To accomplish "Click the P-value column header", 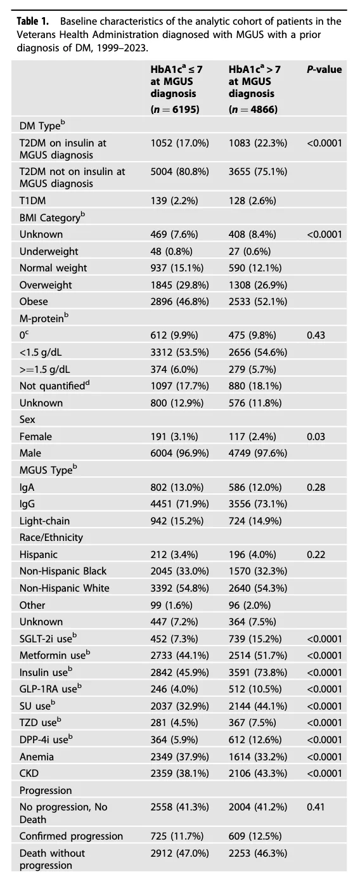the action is pos(324,70).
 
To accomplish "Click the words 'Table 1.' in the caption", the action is pos(33,22).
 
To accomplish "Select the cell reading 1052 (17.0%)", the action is pos(180,143).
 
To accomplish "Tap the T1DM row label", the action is pos(33,200).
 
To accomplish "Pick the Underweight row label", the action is pos(49,251).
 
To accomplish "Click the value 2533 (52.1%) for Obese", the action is pos(258,301).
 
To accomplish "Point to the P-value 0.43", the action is pos(316,335).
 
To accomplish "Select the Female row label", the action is pos(35,436).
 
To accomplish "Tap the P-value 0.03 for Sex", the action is pos(316,436).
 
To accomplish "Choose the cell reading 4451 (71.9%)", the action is pos(180,504).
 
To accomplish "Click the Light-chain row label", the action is pos(44,521).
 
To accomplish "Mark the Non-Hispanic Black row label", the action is pos(63,571).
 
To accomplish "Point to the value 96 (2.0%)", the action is pos(250,605).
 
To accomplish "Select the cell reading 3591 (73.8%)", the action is pos(258,672).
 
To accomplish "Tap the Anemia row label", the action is pos(36,757).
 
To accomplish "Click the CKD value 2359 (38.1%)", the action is pos(180,774).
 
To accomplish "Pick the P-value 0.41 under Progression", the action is pos(316,807).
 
